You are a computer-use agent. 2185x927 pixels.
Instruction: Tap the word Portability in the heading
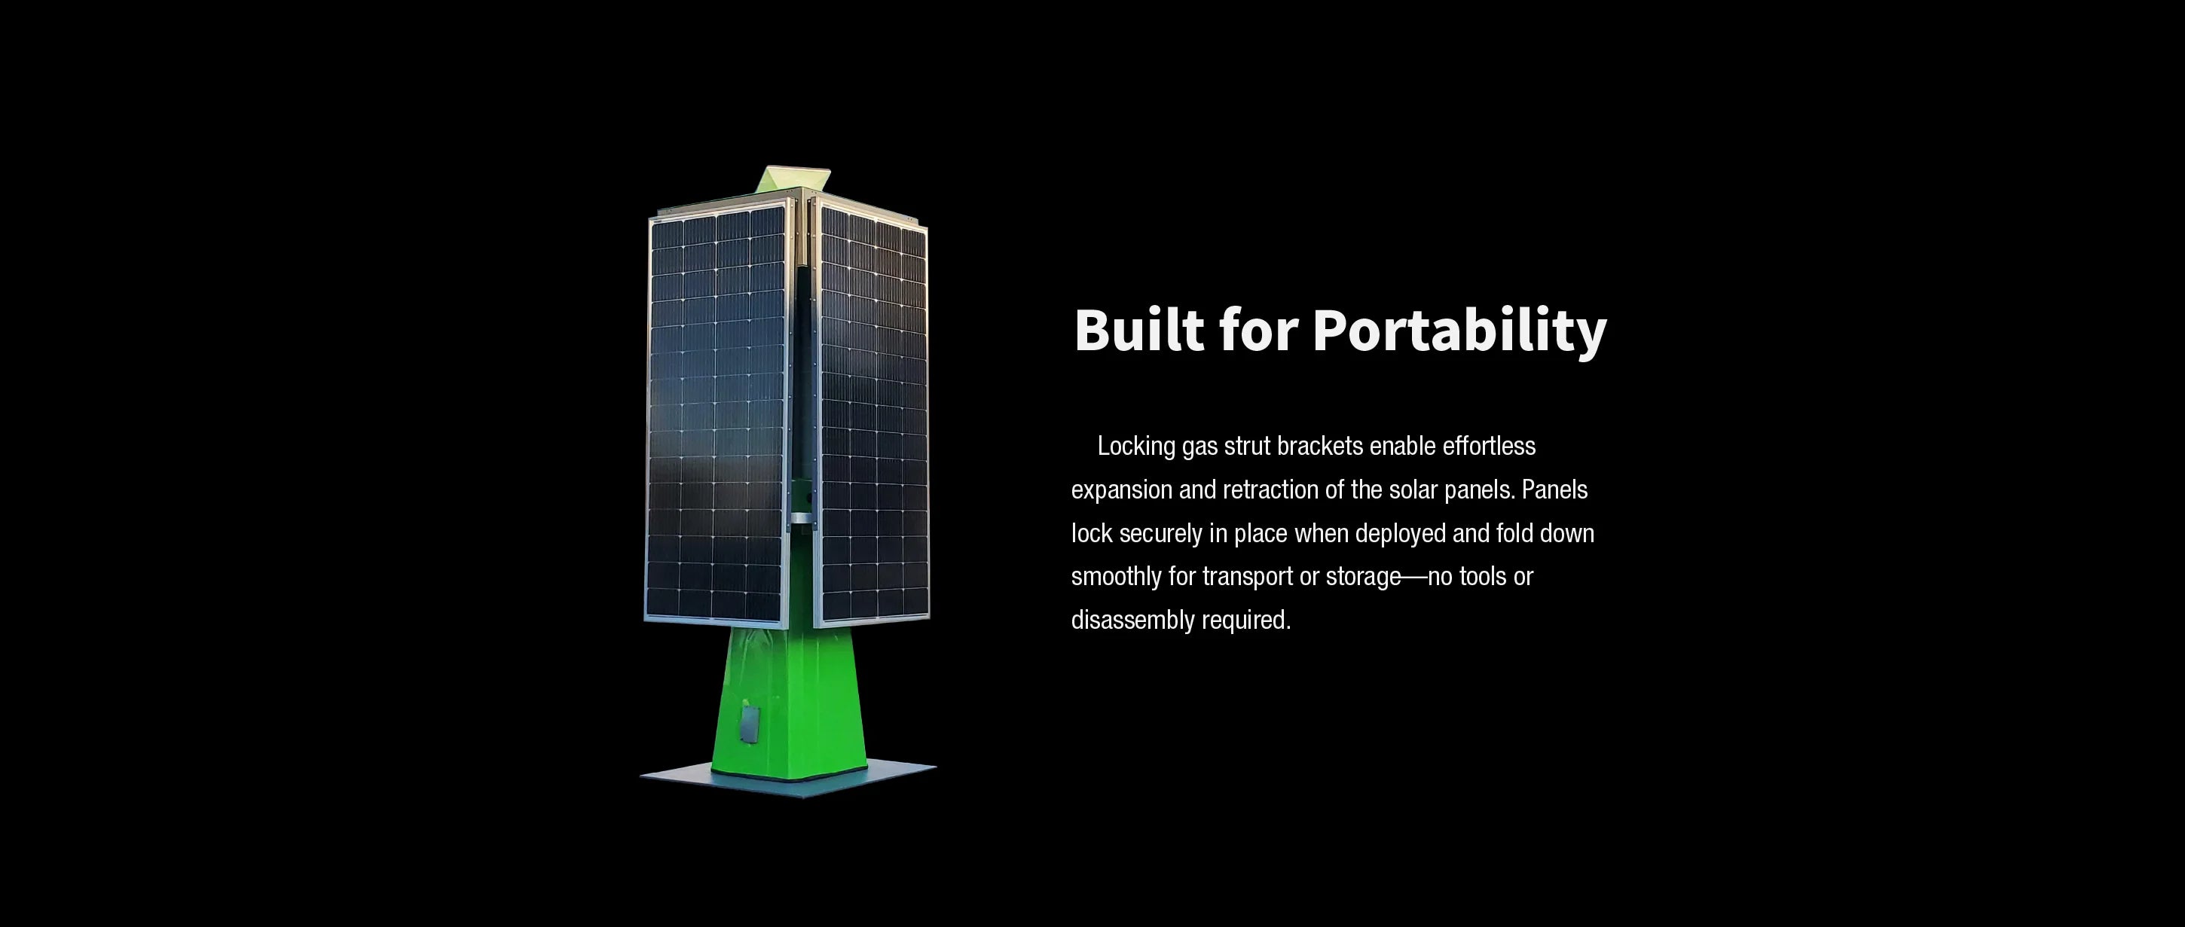pos(1459,331)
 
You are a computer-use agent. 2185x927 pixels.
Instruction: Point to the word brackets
pos(1320,446)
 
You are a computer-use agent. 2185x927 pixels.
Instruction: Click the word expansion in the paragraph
pos(1121,491)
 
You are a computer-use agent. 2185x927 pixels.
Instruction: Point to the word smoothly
pos(1117,578)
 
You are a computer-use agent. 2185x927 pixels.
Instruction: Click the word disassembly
pos(1133,621)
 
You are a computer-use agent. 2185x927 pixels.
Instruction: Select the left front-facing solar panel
pos(717,416)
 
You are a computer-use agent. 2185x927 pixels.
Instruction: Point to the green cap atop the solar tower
pos(792,180)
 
